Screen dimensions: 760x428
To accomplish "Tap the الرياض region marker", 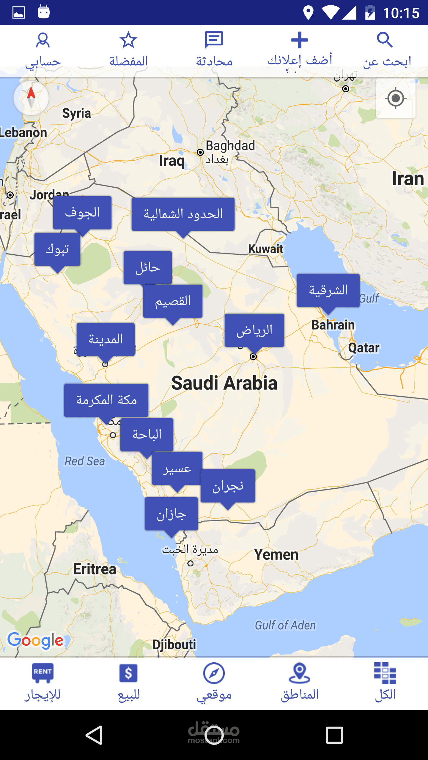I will (x=254, y=330).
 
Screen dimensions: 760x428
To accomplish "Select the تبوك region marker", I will (x=57, y=249).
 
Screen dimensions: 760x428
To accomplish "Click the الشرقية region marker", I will (x=328, y=290).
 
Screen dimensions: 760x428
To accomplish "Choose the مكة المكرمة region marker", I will (x=106, y=400).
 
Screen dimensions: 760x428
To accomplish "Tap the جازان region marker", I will (x=171, y=514).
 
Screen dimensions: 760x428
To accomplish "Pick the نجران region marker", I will (x=228, y=486).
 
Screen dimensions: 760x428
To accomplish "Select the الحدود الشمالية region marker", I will (x=183, y=214).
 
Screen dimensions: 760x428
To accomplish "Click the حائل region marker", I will (x=148, y=267).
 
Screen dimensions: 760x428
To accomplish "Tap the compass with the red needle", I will (x=31, y=98).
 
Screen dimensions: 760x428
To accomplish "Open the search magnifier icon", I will (x=385, y=40).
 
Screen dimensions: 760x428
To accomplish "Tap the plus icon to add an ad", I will (x=299, y=40).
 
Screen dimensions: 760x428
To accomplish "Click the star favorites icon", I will (x=128, y=40).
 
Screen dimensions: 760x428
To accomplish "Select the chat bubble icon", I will (x=214, y=40).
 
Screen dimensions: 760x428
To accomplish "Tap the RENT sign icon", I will (x=43, y=673).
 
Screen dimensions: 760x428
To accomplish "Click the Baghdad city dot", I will (x=200, y=152).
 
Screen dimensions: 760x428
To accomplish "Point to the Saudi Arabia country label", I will (x=224, y=383).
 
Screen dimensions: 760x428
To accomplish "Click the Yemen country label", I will (x=276, y=555).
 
